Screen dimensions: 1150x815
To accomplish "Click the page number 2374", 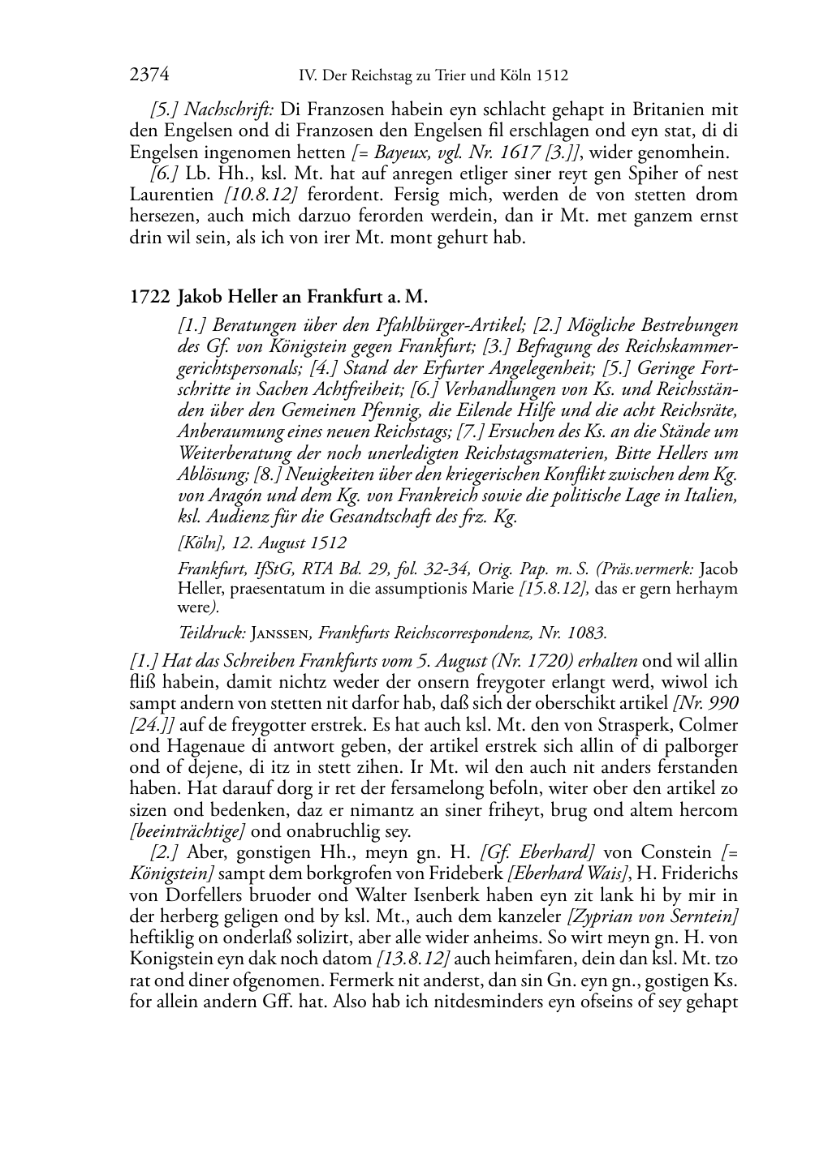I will [149, 75].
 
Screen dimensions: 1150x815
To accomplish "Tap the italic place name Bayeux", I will [392, 152].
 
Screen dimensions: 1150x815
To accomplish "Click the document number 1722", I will [147, 297].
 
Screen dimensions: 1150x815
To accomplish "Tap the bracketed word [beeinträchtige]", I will [187, 831].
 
